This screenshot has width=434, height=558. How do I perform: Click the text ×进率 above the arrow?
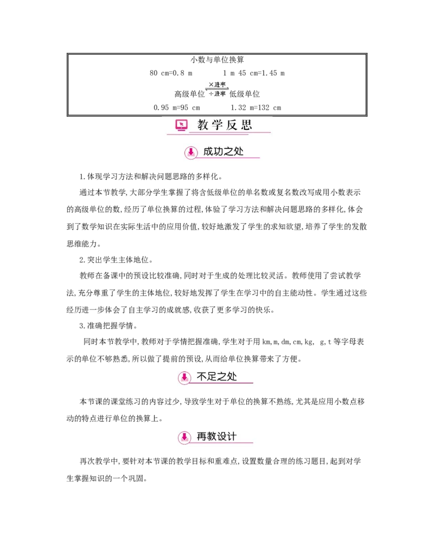[x=217, y=84]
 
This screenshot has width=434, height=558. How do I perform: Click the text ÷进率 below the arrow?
[x=217, y=94]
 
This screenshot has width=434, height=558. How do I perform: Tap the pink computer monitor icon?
[x=181, y=125]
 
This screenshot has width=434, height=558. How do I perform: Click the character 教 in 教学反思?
[x=203, y=125]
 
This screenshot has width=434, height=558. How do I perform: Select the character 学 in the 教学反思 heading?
[x=218, y=125]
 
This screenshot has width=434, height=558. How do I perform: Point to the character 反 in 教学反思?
[x=232, y=125]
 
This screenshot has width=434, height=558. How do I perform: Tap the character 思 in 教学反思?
[x=247, y=125]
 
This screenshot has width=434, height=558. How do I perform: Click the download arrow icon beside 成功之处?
[x=190, y=153]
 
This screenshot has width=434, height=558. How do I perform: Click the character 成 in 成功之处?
[x=209, y=152]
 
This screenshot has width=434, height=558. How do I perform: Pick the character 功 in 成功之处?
[x=219, y=152]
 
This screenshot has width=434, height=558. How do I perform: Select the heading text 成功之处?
[x=224, y=152]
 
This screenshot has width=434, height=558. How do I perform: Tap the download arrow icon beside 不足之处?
[x=184, y=377]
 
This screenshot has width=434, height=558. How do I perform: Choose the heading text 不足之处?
[x=217, y=377]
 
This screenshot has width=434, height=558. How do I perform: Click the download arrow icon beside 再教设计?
[x=184, y=437]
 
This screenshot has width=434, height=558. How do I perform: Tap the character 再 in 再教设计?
[x=202, y=436]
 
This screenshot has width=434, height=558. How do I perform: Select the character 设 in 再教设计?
[x=222, y=436]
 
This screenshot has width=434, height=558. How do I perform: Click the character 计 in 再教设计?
[x=232, y=436]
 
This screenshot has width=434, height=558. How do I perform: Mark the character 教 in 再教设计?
[x=212, y=436]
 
